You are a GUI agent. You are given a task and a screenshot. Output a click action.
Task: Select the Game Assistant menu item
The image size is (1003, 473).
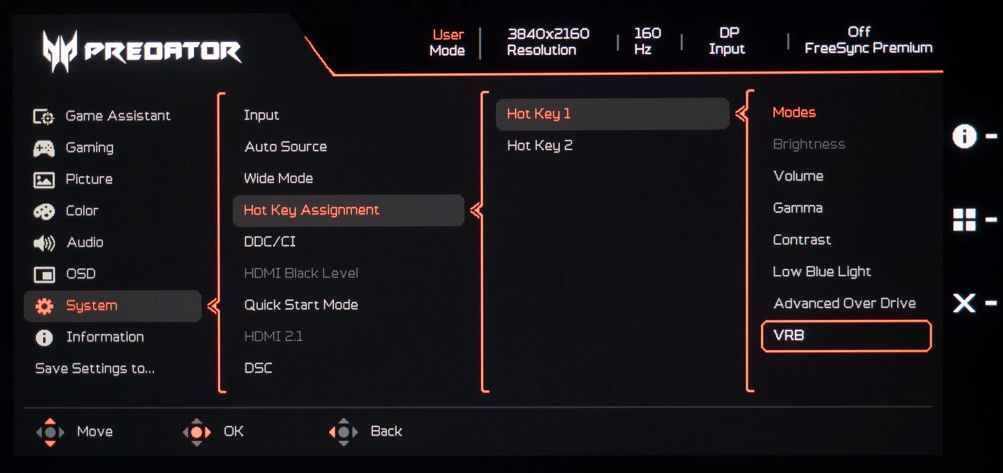point(118,116)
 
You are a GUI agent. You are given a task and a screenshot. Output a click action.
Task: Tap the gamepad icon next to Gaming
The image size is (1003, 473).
point(44,148)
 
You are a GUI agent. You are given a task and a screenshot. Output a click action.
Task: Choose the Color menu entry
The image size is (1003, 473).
point(82,211)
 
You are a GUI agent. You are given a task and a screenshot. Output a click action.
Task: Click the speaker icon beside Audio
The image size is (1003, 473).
point(44,243)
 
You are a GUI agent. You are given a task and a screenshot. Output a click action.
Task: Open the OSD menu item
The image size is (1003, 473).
point(81,274)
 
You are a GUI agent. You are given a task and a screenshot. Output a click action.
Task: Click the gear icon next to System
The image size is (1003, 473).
point(44,306)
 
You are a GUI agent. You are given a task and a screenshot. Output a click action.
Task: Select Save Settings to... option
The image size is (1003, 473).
point(95,368)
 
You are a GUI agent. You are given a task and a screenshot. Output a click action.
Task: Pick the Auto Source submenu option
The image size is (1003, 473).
point(286,146)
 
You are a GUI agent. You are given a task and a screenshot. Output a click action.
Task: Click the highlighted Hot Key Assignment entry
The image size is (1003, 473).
point(311,210)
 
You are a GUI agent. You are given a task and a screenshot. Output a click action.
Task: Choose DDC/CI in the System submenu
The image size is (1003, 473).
point(270,242)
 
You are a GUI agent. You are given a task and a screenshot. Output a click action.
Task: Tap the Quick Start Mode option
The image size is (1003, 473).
point(301,305)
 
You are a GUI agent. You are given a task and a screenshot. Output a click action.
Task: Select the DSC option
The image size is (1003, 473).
point(258,368)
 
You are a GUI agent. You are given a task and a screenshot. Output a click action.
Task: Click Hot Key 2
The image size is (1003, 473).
point(540,145)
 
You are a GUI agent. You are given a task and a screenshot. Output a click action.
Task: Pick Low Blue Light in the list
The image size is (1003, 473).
point(822,272)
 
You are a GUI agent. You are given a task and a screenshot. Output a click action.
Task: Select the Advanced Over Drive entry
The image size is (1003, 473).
point(845,303)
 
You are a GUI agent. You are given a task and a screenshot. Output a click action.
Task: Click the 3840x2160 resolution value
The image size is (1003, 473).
point(548,34)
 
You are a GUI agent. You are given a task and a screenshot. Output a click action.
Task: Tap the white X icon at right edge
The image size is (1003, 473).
point(964,303)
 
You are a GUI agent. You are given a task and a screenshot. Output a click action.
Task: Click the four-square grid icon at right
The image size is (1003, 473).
point(964,220)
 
